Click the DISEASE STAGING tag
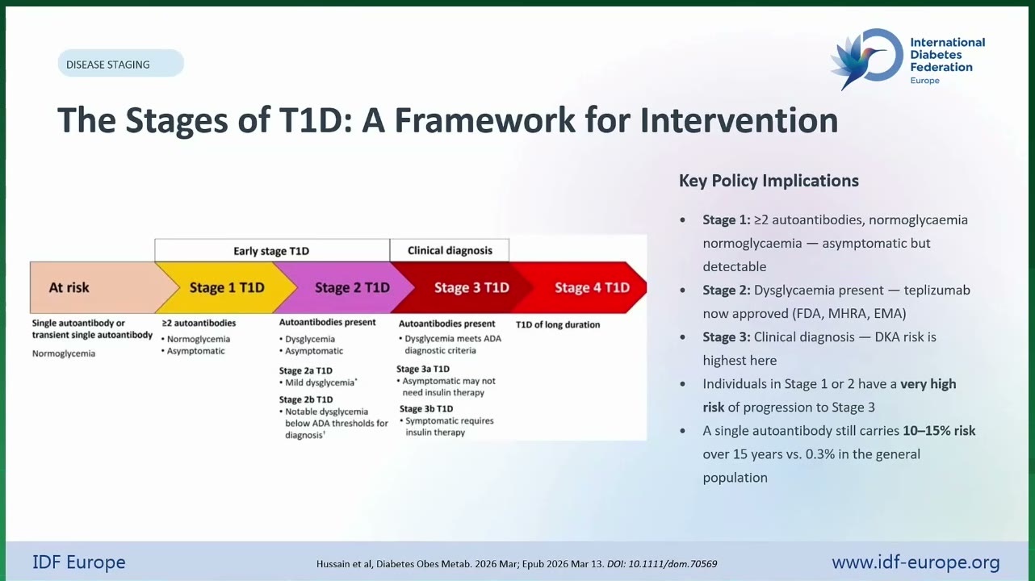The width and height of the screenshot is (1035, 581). [120, 63]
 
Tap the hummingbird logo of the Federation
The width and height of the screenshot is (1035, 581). [866, 58]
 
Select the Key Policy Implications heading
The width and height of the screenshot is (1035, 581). [769, 181]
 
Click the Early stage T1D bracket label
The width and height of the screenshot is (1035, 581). [271, 251]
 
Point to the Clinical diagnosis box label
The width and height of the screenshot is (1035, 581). [450, 250]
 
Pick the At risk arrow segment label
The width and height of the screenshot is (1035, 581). [69, 287]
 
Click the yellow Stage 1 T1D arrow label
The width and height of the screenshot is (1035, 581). [227, 287]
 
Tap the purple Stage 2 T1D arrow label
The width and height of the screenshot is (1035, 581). [352, 287]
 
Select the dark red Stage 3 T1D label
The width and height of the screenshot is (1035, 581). [471, 287]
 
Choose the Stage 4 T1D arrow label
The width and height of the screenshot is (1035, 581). [592, 287]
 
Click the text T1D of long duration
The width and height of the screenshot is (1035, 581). [558, 324]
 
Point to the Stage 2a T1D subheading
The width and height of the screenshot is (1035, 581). [305, 370]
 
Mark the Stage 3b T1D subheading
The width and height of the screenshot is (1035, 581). [426, 409]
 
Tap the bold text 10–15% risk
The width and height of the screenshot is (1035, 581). [939, 430]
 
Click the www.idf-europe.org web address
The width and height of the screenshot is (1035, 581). [916, 562]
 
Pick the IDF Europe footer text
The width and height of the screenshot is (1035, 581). [78, 562]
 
